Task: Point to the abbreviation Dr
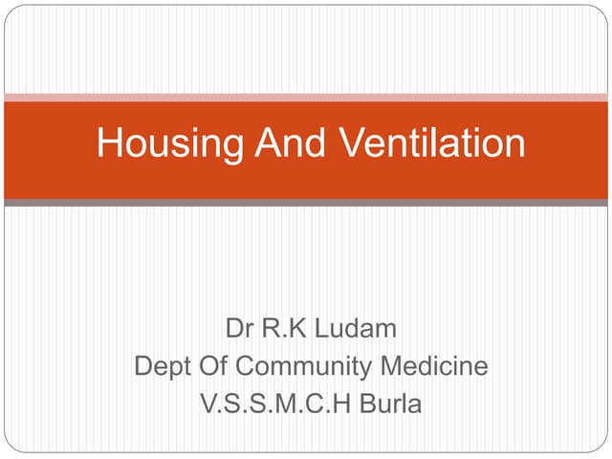[238, 331]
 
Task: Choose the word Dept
[161, 367]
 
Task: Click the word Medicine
[434, 367]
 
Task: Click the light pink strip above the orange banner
[306, 97]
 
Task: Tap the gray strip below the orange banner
[306, 203]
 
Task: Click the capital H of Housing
[108, 144]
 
